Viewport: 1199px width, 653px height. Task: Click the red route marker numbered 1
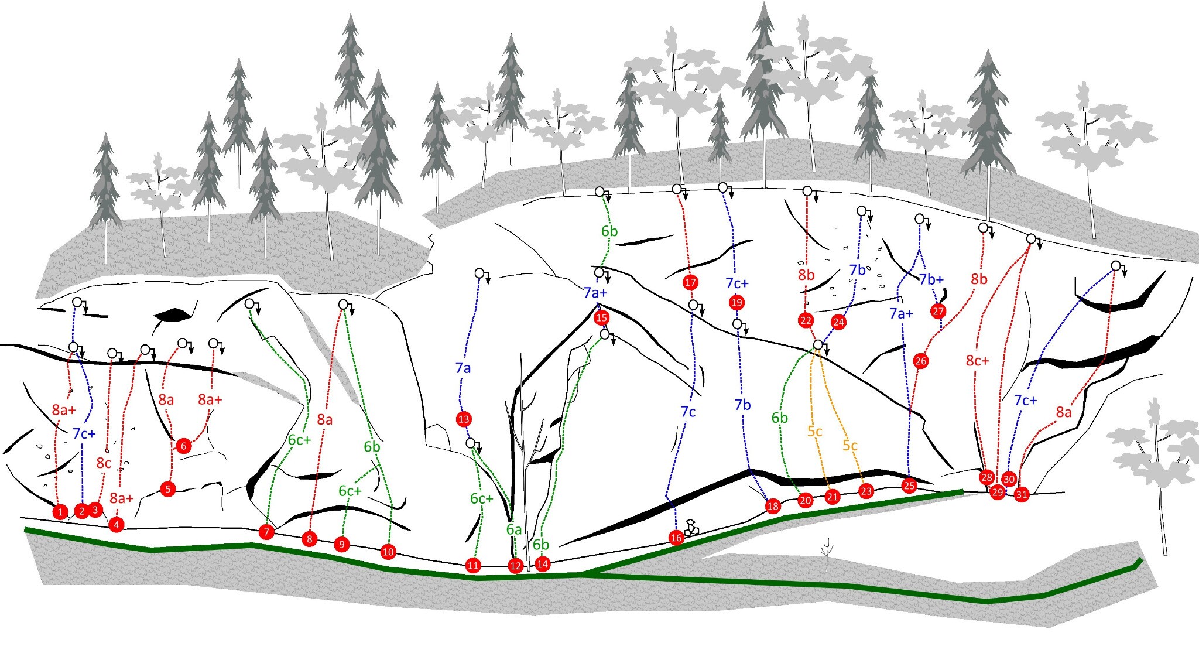(x=60, y=512)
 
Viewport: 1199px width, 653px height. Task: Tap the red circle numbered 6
(x=183, y=446)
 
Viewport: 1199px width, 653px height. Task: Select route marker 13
(x=464, y=419)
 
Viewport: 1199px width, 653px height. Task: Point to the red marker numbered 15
(x=601, y=318)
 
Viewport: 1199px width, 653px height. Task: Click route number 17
(x=690, y=283)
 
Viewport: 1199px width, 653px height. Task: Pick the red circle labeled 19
(x=736, y=303)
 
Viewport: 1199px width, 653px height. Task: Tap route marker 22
(x=806, y=320)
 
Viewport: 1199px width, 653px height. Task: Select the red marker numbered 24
(x=838, y=322)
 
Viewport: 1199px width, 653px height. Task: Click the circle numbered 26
(x=920, y=361)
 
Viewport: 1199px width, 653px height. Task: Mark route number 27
(x=938, y=311)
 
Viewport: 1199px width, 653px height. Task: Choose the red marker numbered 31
(x=1022, y=494)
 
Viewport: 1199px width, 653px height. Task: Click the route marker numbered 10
(x=388, y=552)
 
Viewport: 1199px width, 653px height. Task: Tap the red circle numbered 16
(x=676, y=538)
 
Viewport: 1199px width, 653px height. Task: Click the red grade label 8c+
(x=977, y=361)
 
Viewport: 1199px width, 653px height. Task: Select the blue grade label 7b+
(x=931, y=279)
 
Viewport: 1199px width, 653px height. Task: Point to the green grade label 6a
(x=513, y=529)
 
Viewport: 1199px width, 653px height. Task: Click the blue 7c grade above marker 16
(x=688, y=412)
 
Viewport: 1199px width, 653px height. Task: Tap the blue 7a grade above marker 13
(x=463, y=368)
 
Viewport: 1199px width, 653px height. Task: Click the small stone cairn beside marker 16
(x=693, y=528)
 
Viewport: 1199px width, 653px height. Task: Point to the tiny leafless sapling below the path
(x=827, y=553)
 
